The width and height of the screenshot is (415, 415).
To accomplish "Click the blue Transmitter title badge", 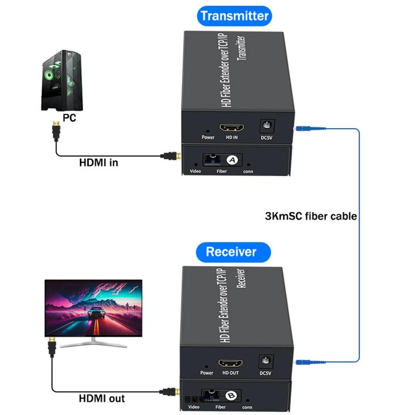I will (234, 16).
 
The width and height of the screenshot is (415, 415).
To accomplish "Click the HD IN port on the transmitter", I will (231, 128).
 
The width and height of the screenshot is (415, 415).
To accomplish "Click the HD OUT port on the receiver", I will (230, 364).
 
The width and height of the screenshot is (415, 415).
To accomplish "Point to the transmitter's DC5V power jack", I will (267, 126).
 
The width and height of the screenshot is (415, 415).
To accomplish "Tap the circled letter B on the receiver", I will (231, 396).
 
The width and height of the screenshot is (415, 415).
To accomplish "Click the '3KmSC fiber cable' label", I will (311, 216).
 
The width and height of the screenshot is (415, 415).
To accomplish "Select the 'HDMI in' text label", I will (99, 162).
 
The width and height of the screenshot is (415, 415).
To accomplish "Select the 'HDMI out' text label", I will (102, 398).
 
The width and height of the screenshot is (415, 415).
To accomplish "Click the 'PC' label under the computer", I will (69, 118).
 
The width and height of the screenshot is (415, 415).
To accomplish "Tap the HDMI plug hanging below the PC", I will (56, 130).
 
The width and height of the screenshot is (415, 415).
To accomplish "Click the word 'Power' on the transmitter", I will (208, 137).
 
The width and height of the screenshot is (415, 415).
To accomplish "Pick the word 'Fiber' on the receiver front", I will (220, 407).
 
